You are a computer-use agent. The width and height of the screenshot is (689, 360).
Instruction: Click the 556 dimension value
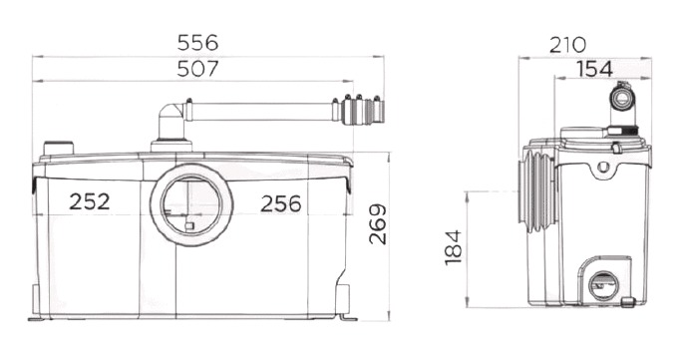(x=197, y=43)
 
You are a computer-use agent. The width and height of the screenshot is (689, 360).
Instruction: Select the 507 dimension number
(x=197, y=69)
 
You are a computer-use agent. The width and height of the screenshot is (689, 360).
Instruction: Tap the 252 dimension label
(x=89, y=201)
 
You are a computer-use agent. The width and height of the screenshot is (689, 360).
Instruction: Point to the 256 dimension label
(x=281, y=203)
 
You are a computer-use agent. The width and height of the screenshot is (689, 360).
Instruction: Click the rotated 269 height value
(x=378, y=224)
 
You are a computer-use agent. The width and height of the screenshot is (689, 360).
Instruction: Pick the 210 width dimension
(x=567, y=45)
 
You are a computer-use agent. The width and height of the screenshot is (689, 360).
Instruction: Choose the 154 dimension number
(x=594, y=69)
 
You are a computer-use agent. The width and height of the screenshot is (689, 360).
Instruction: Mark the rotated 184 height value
(x=454, y=247)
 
